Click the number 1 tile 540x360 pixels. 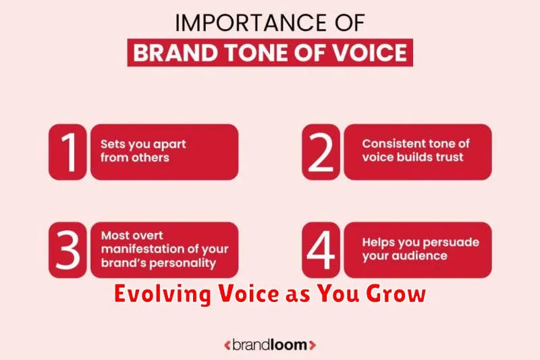[67, 152]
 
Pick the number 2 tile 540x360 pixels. [321, 152]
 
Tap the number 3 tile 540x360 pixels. [67, 250]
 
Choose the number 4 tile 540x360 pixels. [321, 250]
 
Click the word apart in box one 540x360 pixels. [169, 145]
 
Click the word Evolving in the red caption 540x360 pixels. [163, 294]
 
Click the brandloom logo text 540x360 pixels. [269, 345]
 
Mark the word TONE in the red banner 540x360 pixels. [257, 53]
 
